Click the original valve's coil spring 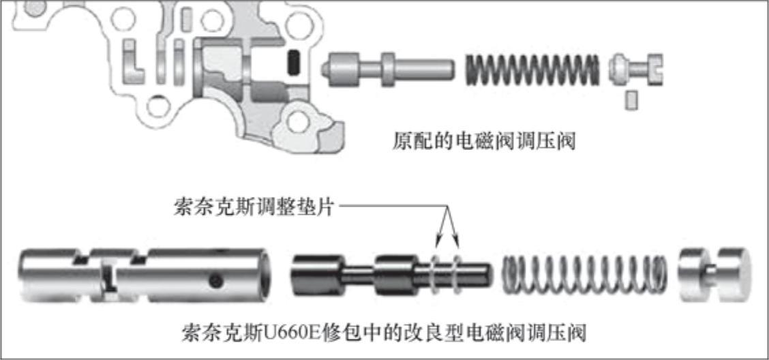tap(532, 70)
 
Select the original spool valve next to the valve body tap(387, 69)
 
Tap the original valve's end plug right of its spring tap(636, 69)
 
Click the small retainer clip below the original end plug tap(632, 100)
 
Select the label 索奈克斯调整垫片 tap(254, 207)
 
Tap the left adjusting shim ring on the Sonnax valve tap(435, 274)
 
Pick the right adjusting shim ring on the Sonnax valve tap(457, 274)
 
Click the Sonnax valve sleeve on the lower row tap(145, 275)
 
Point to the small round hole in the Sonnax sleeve tap(215, 281)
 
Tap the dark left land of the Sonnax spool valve tap(317, 275)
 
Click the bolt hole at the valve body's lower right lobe tap(298, 121)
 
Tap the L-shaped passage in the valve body tap(132, 62)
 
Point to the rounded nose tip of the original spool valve tap(325, 69)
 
